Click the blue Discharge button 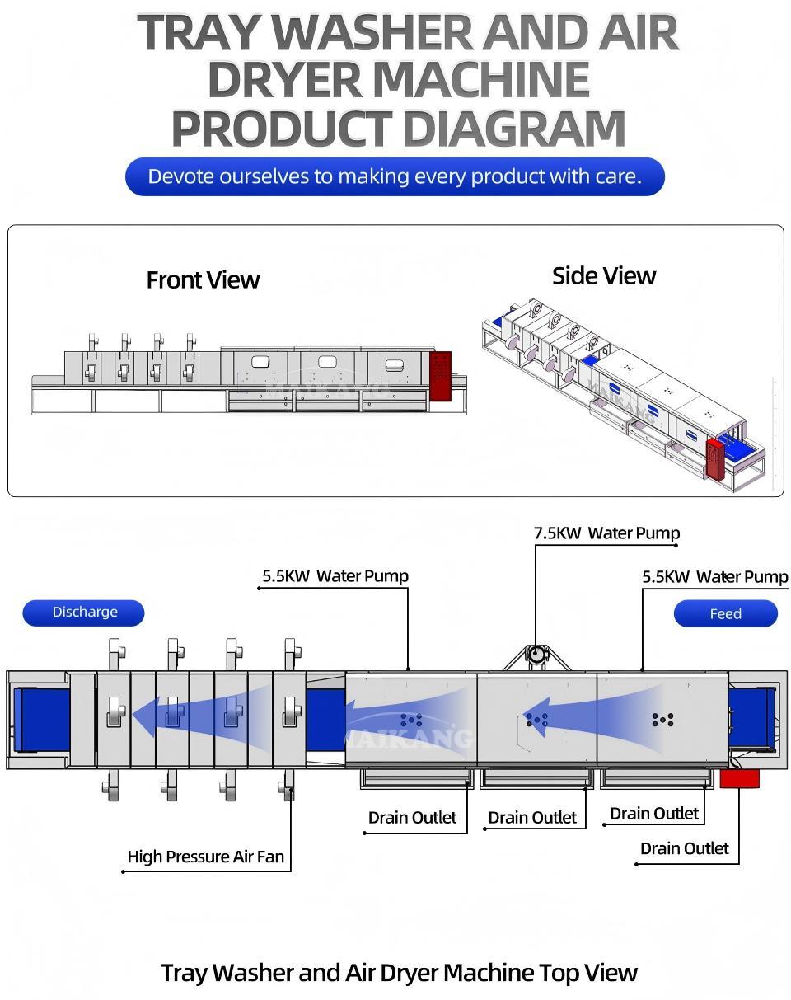pos(83,613)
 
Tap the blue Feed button pos(725,614)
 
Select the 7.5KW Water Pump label pos(606,533)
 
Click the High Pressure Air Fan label pos(205,857)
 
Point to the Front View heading pos(203,280)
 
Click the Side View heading pos(604,276)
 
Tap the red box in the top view pos(739,778)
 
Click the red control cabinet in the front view pos(441,376)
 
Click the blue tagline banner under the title pos(395,176)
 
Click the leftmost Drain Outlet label pos(412,818)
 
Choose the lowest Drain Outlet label pos(684,848)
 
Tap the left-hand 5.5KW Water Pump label pos(335,576)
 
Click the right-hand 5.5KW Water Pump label pos(714,577)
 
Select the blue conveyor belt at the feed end pos(751,718)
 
